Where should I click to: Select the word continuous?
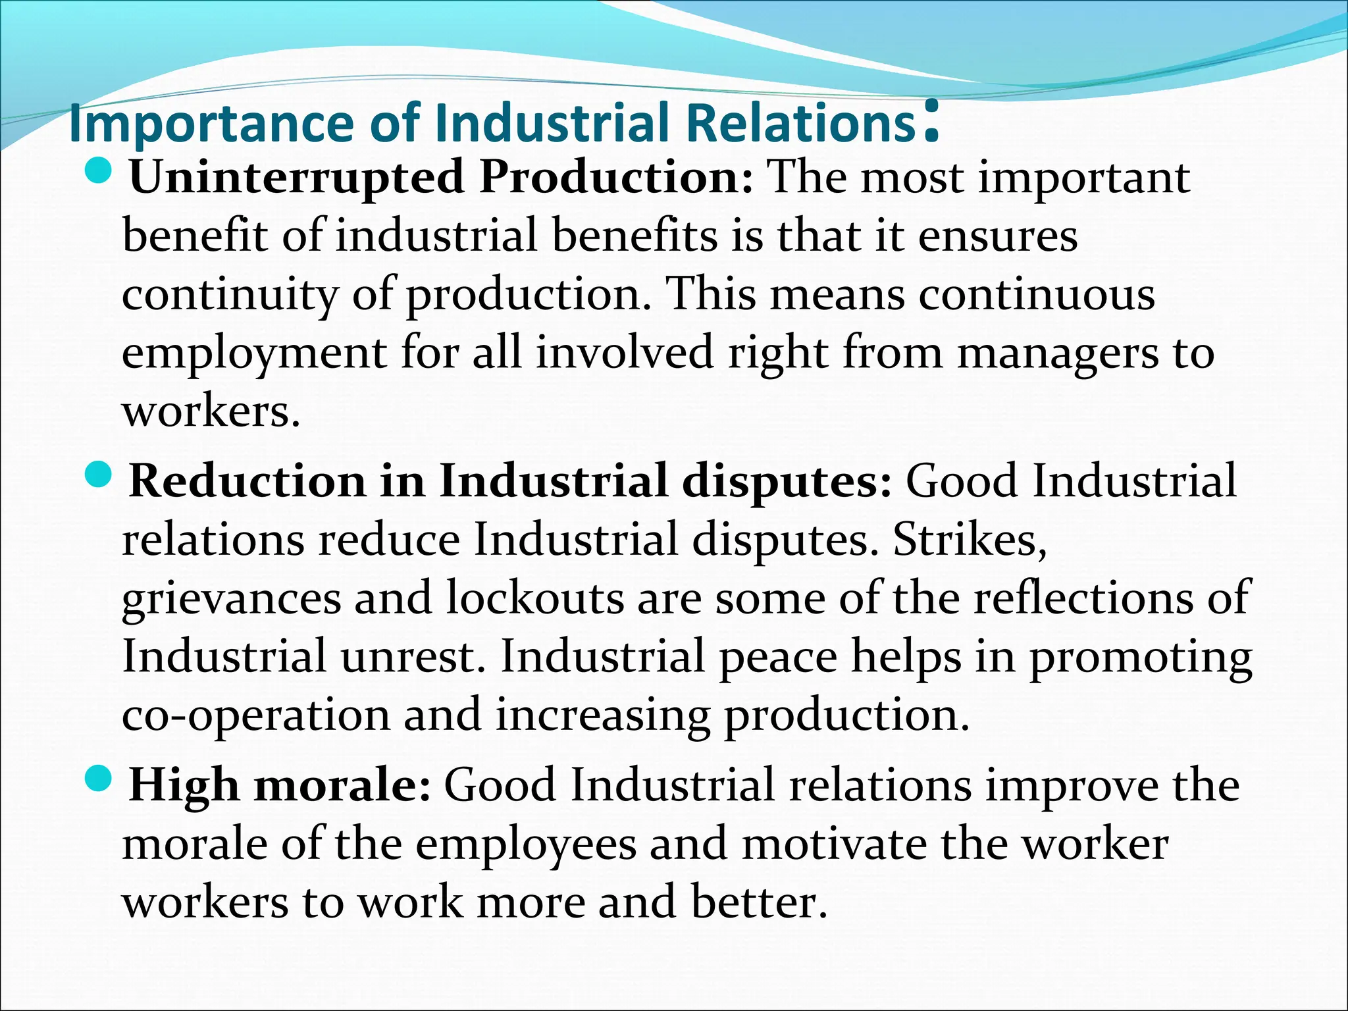click(1037, 294)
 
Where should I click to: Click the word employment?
click(254, 353)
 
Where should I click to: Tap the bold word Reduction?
click(247, 481)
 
